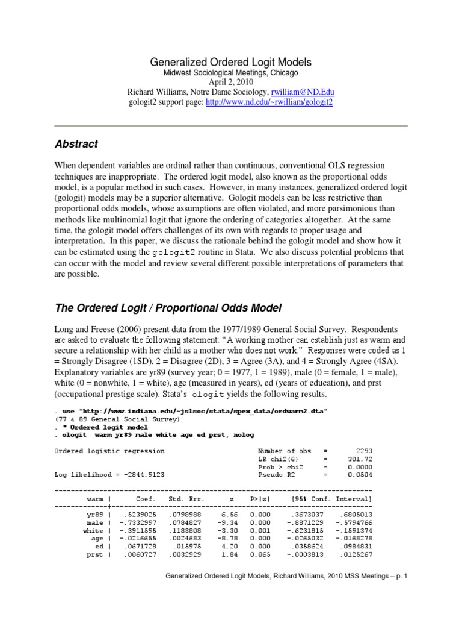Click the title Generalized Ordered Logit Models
[x=231, y=62]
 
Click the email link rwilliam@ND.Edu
[x=303, y=92]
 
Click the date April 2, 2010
[x=231, y=82]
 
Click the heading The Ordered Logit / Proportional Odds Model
[x=168, y=308]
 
